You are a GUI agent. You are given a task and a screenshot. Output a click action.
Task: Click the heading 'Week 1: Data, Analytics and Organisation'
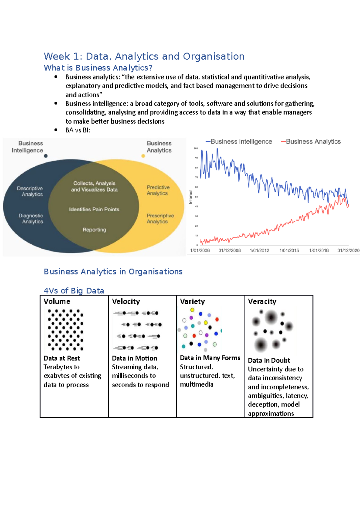pyautogui.click(x=144, y=56)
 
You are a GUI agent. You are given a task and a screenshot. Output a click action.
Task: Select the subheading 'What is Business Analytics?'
pyautogui.click(x=98, y=68)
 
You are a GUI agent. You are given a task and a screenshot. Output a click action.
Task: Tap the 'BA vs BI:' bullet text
pyautogui.click(x=78, y=130)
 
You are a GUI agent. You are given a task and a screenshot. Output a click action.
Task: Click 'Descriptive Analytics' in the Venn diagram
pyautogui.click(x=30, y=191)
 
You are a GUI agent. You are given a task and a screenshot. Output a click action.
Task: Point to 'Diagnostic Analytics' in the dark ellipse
pyautogui.click(x=31, y=219)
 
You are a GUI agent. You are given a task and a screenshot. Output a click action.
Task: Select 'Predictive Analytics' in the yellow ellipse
pyautogui.click(x=158, y=190)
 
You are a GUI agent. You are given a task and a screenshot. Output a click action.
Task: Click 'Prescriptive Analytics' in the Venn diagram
pyautogui.click(x=160, y=219)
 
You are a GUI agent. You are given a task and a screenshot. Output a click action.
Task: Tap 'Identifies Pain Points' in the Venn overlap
pyautogui.click(x=94, y=210)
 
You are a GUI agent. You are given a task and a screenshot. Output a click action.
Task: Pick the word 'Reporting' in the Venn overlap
pyautogui.click(x=94, y=230)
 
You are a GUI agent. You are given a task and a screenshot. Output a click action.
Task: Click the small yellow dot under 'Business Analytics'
pyautogui.click(x=143, y=156)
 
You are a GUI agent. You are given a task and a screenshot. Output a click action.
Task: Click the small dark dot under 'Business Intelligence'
pyautogui.click(x=46, y=156)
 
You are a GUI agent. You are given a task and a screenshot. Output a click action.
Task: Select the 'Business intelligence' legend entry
pyautogui.click(x=239, y=141)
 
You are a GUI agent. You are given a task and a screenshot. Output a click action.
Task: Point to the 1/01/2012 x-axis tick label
pyautogui.click(x=259, y=251)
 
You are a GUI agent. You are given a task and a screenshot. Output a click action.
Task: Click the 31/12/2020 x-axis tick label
pyautogui.click(x=348, y=251)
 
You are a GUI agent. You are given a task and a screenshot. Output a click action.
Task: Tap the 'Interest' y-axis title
pyautogui.click(x=191, y=197)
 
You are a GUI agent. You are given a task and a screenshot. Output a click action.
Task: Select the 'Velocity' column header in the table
pyautogui.click(x=126, y=302)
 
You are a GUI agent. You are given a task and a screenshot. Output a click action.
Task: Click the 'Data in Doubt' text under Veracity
pyautogui.click(x=269, y=360)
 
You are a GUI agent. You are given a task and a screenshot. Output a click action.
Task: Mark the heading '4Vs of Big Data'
pyautogui.click(x=74, y=291)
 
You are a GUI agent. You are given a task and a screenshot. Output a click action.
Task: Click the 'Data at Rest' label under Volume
pyautogui.click(x=62, y=358)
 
